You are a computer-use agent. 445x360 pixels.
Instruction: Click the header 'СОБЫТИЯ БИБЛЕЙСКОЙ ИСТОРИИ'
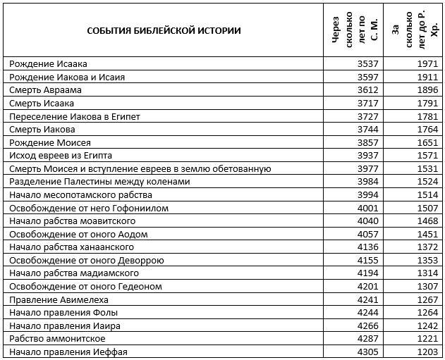click(164, 30)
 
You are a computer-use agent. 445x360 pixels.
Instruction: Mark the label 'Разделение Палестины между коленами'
click(99, 182)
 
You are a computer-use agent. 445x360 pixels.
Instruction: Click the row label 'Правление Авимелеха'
click(58, 299)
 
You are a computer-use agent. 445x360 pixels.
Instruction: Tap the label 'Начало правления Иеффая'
click(68, 352)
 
